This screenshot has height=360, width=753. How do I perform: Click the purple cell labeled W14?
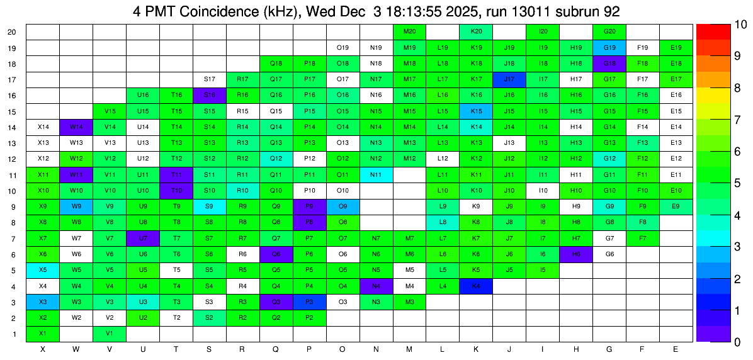[x=76, y=127]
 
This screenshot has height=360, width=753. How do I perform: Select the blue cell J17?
[x=509, y=79]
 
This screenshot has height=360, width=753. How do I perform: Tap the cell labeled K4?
[x=476, y=286]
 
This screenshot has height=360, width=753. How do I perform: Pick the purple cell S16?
[x=210, y=95]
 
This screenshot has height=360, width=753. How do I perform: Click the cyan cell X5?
[x=43, y=269]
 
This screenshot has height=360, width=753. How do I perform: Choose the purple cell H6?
[x=576, y=254]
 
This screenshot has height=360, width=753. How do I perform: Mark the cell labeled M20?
[x=409, y=31]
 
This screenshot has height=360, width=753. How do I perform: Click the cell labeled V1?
[x=110, y=333]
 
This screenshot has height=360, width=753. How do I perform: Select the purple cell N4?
[x=376, y=286]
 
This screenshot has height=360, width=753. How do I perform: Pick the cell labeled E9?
[x=676, y=206]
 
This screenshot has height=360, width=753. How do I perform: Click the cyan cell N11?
[x=376, y=174]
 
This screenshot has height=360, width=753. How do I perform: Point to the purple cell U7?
[x=143, y=238]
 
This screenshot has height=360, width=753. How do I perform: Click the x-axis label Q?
[x=276, y=349]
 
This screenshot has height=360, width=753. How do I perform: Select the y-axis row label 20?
[x=13, y=31]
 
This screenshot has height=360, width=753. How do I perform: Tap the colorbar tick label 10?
[x=723, y=25]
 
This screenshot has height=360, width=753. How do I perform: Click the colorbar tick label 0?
[x=720, y=342]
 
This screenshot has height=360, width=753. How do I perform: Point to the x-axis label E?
[x=676, y=349]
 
